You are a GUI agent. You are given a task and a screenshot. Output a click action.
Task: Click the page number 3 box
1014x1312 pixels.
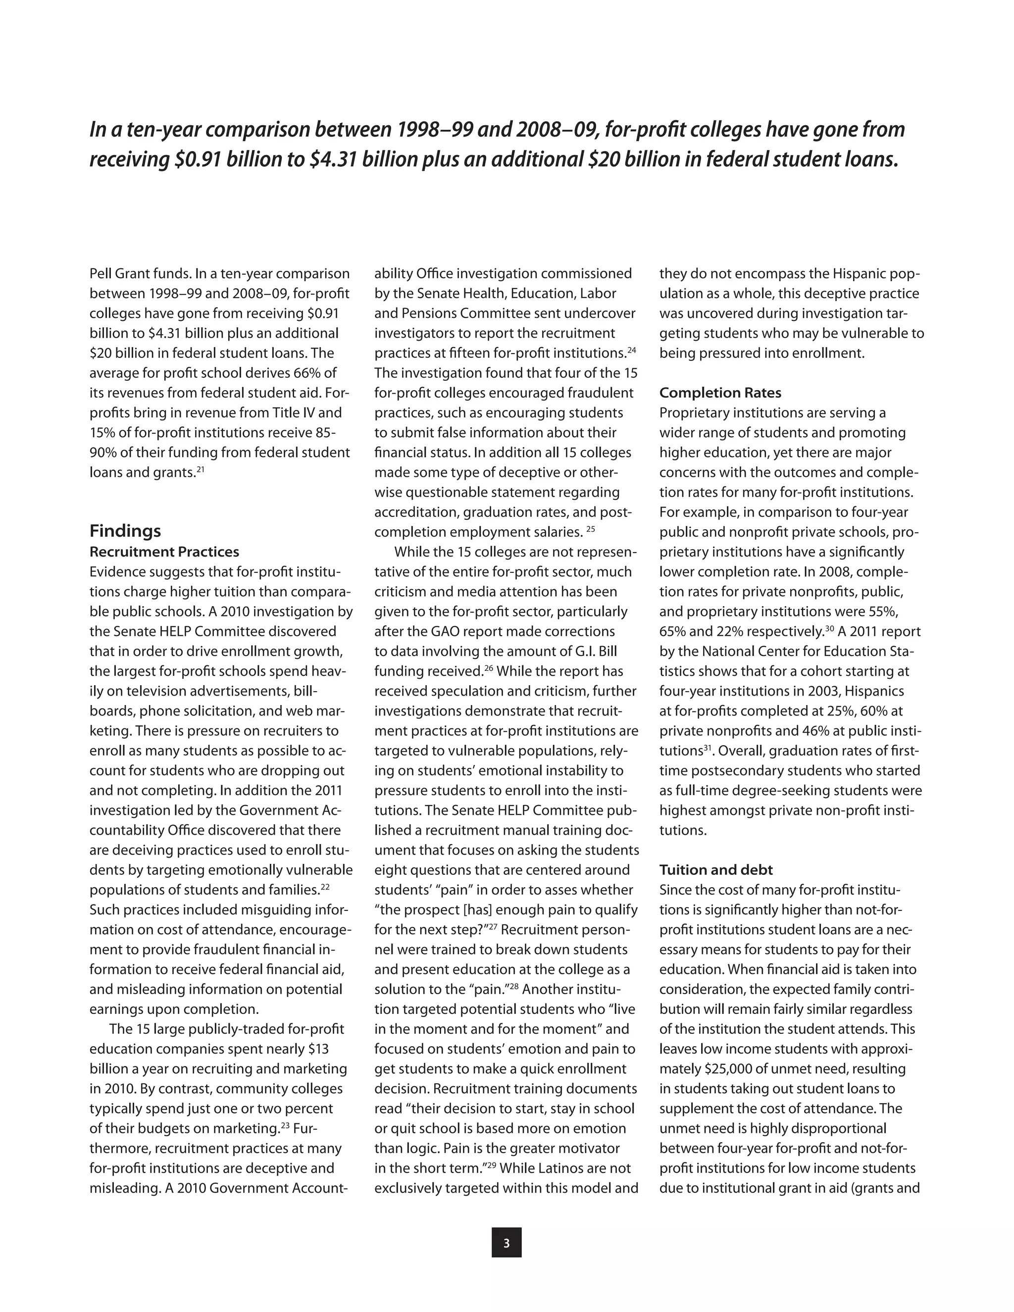click(507, 1243)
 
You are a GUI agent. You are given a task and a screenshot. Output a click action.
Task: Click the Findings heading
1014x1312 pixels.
click(125, 531)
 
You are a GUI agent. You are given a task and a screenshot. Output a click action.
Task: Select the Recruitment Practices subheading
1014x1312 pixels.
click(164, 552)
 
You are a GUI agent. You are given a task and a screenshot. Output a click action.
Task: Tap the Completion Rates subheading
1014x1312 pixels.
click(720, 393)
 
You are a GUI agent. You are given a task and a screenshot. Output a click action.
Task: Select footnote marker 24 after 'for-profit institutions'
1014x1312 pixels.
click(631, 350)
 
